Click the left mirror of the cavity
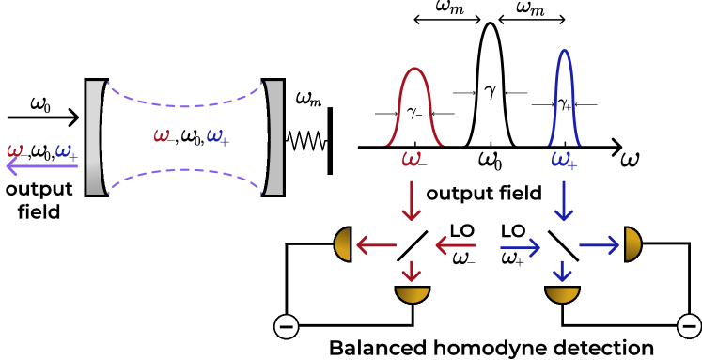(94, 137)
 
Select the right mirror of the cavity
(273, 137)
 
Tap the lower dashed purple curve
(184, 171)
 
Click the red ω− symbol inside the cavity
(164, 136)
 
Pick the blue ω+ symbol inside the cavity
(217, 137)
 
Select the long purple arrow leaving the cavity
(42, 166)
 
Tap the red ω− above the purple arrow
(16, 150)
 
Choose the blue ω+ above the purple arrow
(66, 150)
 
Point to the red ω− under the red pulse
(413, 160)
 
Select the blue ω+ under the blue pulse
(564, 161)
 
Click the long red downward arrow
(411, 200)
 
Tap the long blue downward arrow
(564, 200)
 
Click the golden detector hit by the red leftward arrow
(343, 244)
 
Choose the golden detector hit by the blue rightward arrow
(632, 244)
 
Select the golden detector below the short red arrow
(412, 294)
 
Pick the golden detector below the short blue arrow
(562, 294)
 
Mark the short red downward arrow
(411, 271)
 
